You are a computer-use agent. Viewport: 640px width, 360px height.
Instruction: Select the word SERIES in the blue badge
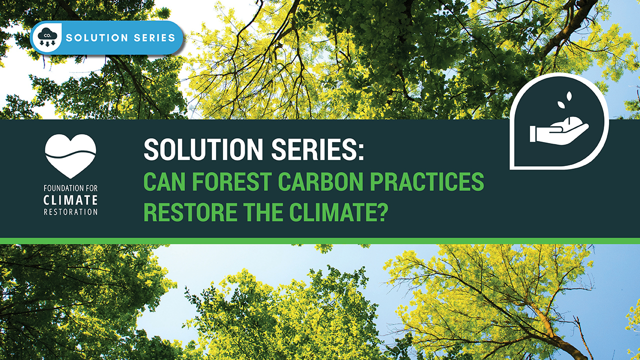point(153,37)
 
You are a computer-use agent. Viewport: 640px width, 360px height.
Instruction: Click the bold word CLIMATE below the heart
point(70,201)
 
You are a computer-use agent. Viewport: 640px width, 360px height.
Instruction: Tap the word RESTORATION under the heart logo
point(70,211)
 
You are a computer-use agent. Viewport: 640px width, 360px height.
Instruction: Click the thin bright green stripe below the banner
point(320,241)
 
